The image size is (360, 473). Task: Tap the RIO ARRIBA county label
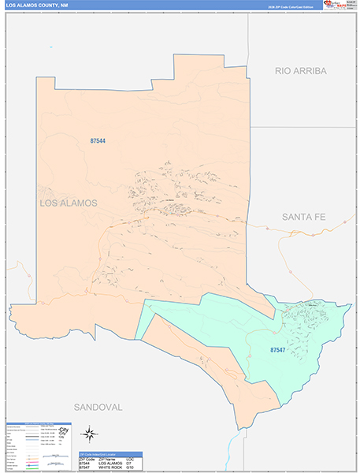(x=300, y=71)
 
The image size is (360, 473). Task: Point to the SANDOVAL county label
(x=98, y=407)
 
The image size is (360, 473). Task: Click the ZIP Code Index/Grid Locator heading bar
(x=109, y=454)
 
